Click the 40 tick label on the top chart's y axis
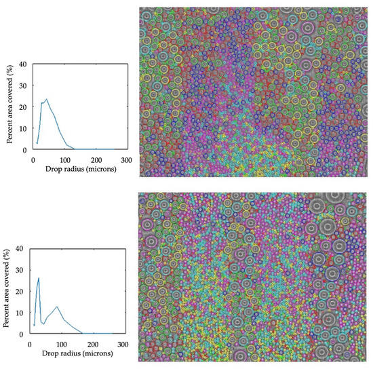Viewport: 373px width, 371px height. pos(23,64)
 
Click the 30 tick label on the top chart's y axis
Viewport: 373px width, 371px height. pos(23,85)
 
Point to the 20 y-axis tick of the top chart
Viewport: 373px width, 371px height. pos(23,107)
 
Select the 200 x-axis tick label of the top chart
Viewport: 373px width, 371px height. pos(96,159)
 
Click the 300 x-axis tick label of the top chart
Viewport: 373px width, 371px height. pos(127,159)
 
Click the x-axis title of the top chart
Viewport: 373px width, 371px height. pos(80,168)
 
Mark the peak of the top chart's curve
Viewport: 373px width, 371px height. pos(46,99)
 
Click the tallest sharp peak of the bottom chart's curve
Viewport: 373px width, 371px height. pos(39,277)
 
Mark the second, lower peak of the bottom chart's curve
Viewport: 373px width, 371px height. pos(58,307)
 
